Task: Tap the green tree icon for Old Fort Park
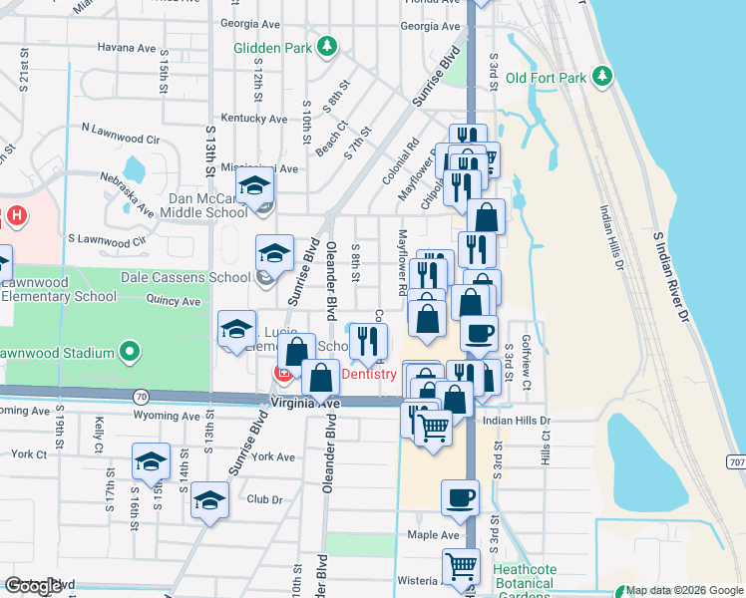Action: [601, 77]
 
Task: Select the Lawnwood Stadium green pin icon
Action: [129, 351]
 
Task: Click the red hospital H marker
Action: [16, 214]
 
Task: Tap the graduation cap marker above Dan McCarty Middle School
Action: [254, 186]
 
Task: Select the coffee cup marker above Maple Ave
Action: [460, 497]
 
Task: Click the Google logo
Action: [33, 586]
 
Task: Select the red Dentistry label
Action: [369, 375]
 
